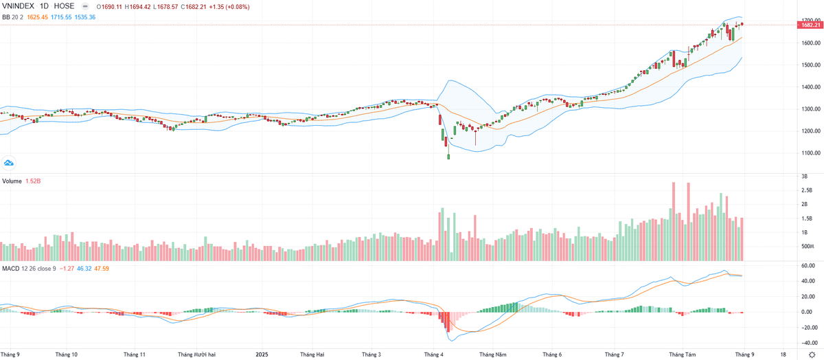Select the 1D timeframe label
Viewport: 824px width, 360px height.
(45, 6)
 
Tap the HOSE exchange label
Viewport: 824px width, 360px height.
(64, 6)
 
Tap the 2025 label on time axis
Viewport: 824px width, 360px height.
(262, 355)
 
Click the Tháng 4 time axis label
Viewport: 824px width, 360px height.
(433, 355)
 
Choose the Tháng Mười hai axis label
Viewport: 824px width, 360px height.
(197, 355)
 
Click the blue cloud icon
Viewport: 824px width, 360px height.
(9, 163)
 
